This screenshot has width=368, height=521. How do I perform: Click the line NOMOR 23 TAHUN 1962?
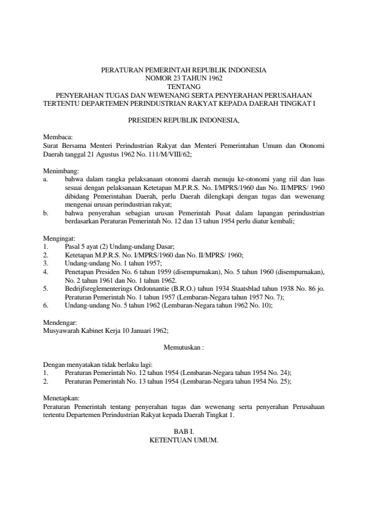(x=184, y=78)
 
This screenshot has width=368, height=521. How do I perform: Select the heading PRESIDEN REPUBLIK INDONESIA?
(x=184, y=118)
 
